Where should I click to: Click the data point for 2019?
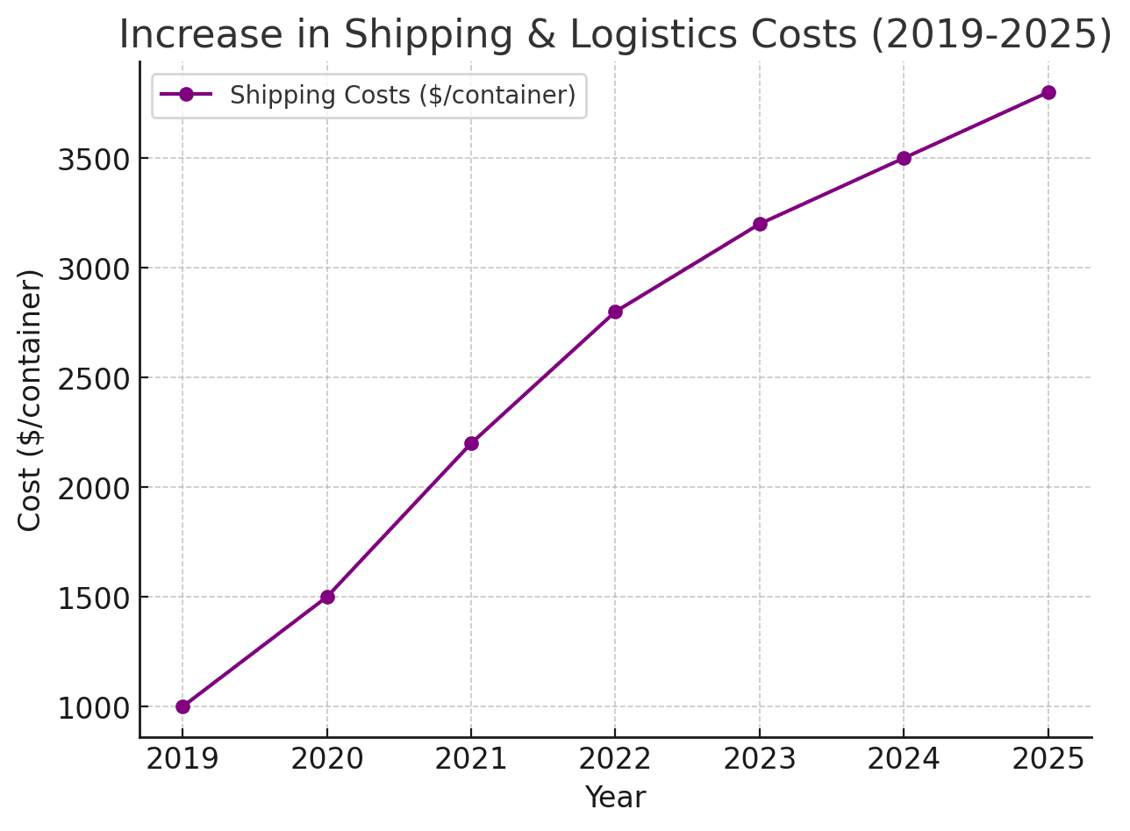(x=182, y=706)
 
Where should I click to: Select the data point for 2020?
(x=327, y=597)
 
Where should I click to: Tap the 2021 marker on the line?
(x=471, y=443)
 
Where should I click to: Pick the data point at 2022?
(x=615, y=312)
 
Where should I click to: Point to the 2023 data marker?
(x=760, y=224)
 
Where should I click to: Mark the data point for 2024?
(x=904, y=158)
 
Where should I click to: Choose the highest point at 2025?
(x=1048, y=92)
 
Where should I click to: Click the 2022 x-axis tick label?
(x=615, y=759)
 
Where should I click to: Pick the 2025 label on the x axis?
(x=1048, y=759)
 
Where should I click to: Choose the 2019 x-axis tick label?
(x=182, y=759)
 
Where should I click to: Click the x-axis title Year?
(x=615, y=798)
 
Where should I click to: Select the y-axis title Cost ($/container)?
(x=31, y=399)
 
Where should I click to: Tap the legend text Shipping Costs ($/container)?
(x=403, y=96)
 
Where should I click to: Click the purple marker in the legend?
(x=186, y=95)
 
